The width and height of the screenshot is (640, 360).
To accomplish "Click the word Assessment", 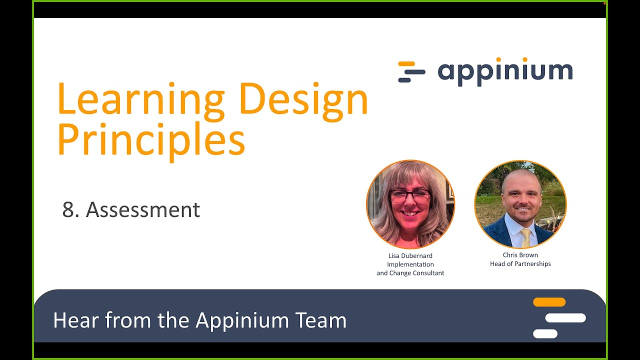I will (x=143, y=210).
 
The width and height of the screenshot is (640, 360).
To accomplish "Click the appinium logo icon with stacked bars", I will (x=411, y=71).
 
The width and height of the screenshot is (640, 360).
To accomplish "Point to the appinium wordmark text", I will (x=505, y=71).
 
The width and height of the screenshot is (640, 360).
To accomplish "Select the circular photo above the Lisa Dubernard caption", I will (x=410, y=204).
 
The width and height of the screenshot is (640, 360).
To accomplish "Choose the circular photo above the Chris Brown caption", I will (x=520, y=204).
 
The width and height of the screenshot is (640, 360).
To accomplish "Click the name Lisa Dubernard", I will (x=410, y=255).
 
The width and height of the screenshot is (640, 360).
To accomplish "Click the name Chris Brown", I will (x=520, y=255).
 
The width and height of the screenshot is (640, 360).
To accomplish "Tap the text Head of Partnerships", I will (x=520, y=263).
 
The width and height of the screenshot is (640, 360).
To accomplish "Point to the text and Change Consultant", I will (x=410, y=273).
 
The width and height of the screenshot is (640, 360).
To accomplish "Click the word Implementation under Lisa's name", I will (x=410, y=264).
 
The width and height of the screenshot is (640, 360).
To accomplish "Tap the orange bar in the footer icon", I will (x=549, y=302).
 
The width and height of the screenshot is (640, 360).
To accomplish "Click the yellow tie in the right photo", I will (x=525, y=237).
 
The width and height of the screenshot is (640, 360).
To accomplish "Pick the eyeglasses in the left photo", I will (x=409, y=196).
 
